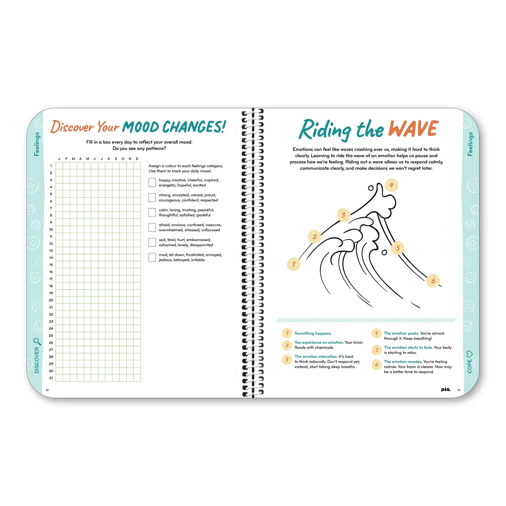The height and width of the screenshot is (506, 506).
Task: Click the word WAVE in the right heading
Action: pos(413,129)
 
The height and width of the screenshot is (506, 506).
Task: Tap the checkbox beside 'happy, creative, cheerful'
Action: pos(152,183)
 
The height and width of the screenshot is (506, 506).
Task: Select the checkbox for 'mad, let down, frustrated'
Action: pos(152,257)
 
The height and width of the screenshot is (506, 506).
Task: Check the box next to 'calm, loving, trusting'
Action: pos(152,212)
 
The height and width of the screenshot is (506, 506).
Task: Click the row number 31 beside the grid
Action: pos(51,378)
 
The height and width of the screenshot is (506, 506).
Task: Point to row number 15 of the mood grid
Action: pos(51,265)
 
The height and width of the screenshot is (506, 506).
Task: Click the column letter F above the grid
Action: pos(66,159)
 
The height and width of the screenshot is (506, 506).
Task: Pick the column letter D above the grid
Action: pos(137,159)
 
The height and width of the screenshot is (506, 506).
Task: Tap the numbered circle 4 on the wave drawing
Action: pos(391,185)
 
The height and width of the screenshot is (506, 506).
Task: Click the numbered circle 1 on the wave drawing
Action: pos(294,264)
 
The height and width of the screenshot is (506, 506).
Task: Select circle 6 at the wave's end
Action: pos(433,281)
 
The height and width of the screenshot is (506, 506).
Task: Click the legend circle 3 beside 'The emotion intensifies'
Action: pos(287,359)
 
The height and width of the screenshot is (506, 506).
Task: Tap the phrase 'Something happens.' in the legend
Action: pos(313,333)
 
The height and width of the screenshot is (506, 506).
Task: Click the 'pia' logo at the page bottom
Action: pos(446,389)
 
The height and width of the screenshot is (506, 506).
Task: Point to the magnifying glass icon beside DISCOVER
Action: pos(37,341)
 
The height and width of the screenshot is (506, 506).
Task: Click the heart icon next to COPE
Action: pos(470,354)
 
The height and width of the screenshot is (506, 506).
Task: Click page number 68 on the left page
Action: pos(47,390)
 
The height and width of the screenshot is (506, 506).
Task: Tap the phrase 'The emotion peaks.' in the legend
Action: pos(401,333)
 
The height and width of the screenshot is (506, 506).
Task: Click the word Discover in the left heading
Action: pos(72,127)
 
